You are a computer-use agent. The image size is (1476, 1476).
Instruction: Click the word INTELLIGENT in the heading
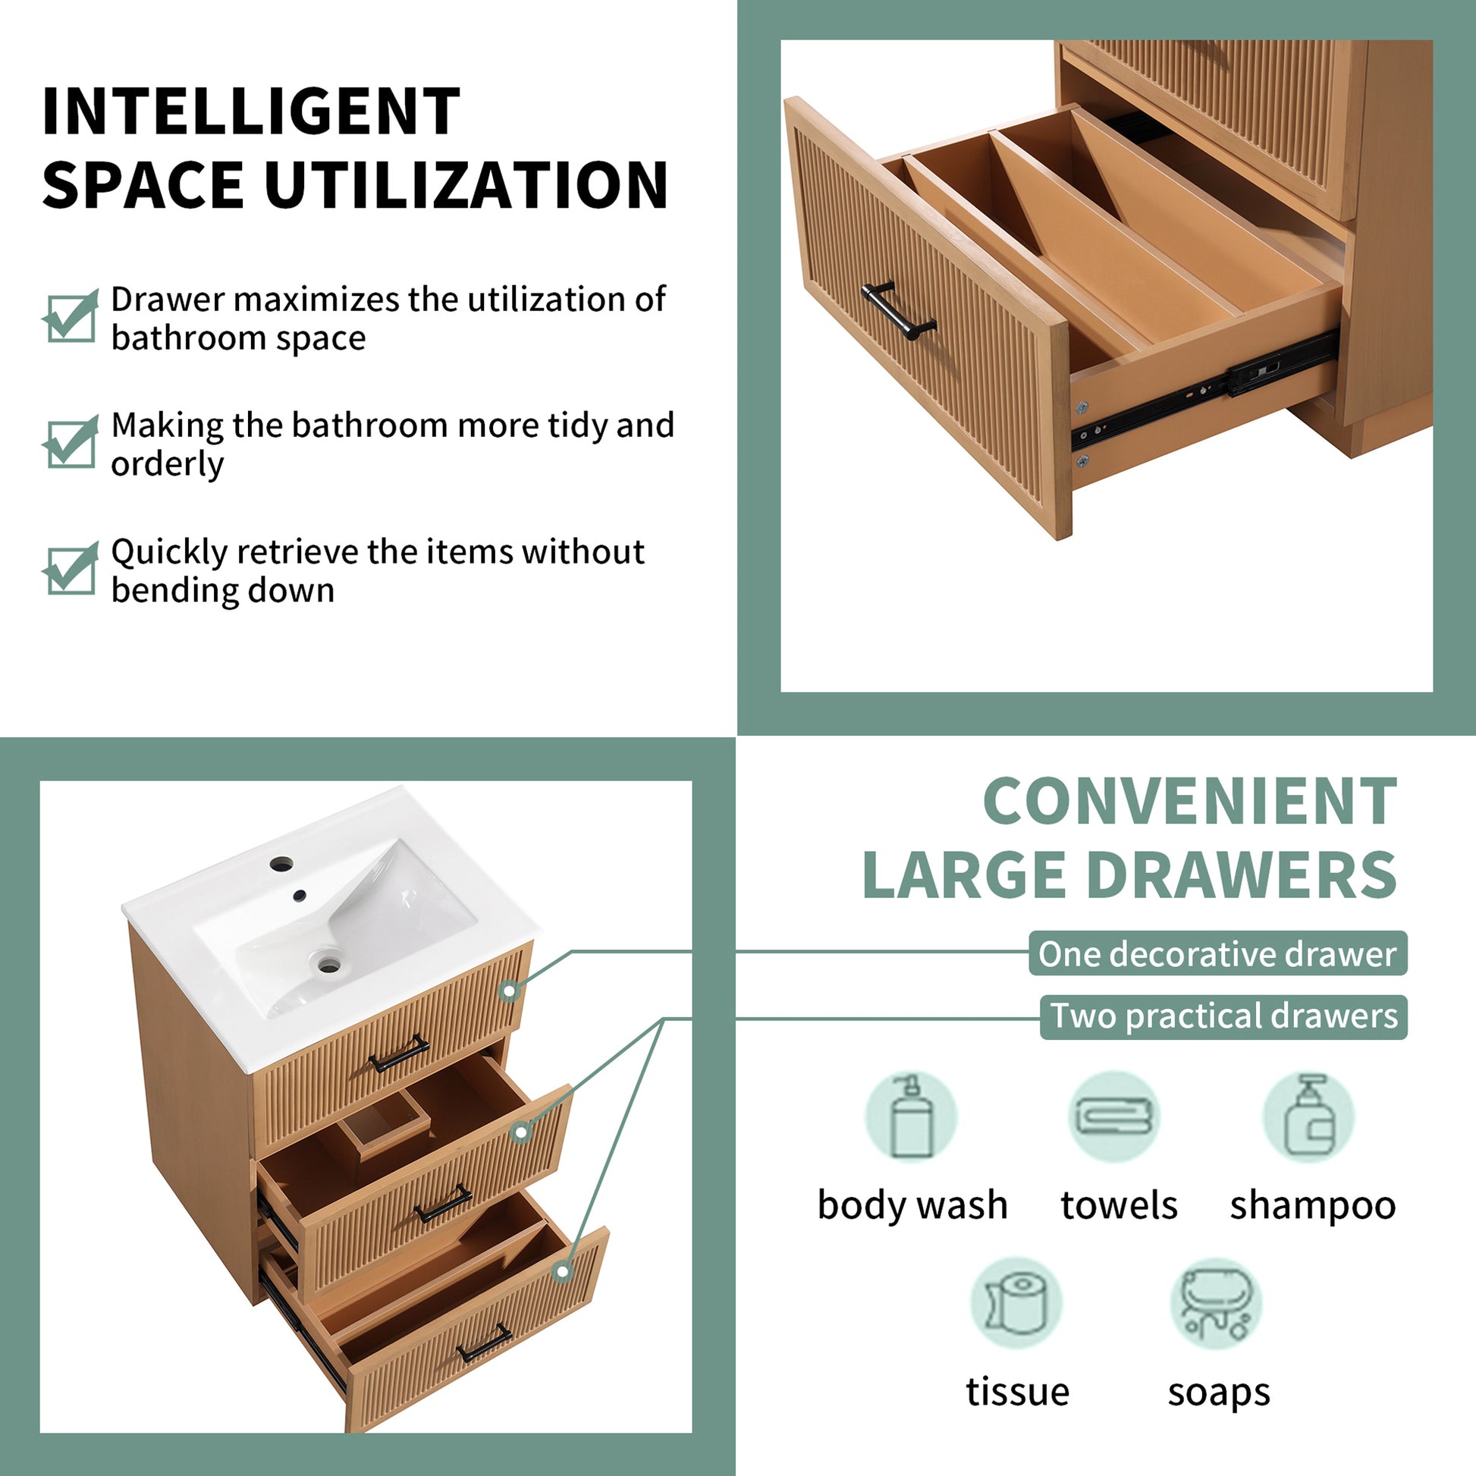tap(250, 111)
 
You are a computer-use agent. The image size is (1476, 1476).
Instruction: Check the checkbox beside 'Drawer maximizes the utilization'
tap(71, 317)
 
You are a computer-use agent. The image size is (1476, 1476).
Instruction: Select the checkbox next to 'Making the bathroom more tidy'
tap(71, 443)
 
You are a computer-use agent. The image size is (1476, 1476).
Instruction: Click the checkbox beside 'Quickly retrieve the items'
tap(71, 570)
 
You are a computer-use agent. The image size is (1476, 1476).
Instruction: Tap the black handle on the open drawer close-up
tap(899, 310)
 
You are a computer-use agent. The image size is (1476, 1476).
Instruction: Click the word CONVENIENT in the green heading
tap(1189, 802)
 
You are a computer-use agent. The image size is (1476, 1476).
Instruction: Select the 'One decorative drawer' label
tap(1217, 953)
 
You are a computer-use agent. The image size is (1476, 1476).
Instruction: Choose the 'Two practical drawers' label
tap(1223, 1017)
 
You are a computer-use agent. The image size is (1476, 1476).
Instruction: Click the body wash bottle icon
tap(912, 1117)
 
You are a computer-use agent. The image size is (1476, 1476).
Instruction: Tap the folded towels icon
tap(1114, 1117)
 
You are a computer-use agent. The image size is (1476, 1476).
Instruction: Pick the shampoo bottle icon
tap(1308, 1117)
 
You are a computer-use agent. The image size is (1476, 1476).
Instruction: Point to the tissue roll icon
tap(1016, 1304)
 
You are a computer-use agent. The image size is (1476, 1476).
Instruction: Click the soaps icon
tap(1217, 1304)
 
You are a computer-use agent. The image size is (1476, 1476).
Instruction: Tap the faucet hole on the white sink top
tap(281, 865)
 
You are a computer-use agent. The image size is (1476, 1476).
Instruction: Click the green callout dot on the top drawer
tap(510, 991)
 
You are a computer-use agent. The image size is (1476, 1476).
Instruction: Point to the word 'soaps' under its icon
tap(1219, 1392)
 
